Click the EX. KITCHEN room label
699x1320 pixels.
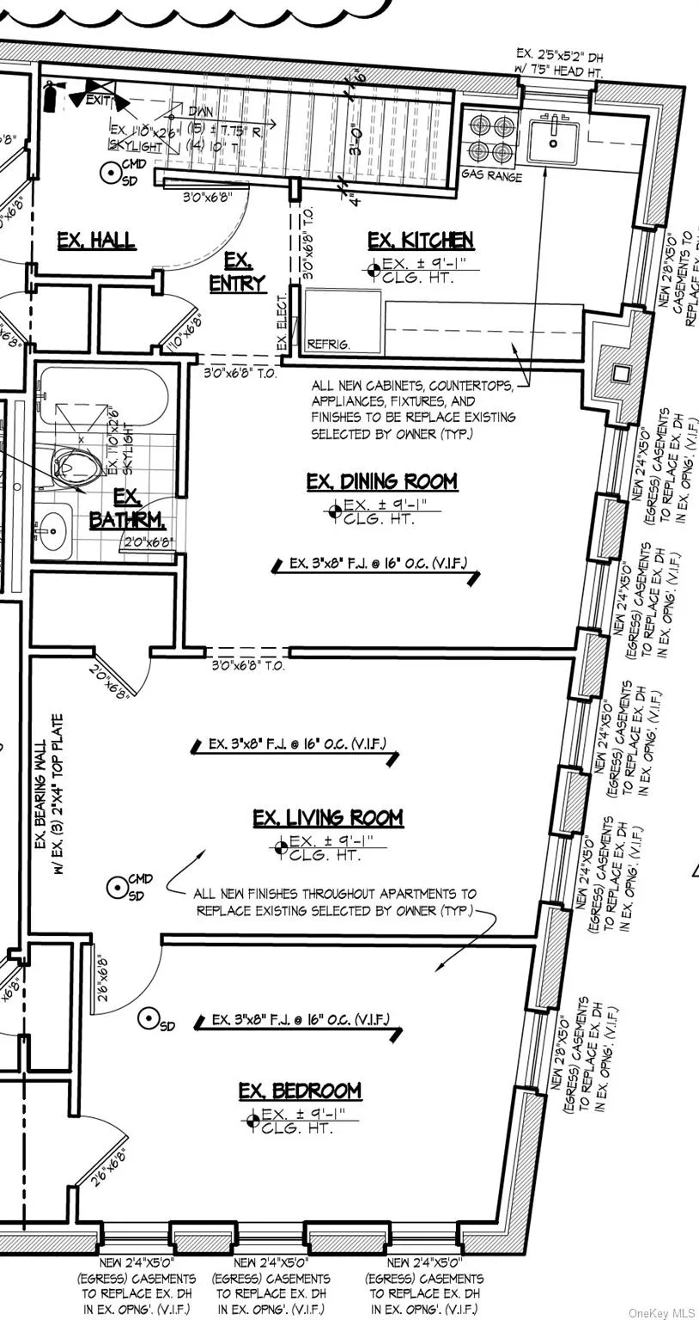click(x=420, y=241)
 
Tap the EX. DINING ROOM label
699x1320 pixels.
click(x=381, y=482)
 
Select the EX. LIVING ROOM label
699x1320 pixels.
click(x=327, y=818)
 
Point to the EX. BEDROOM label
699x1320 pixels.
click(x=300, y=1091)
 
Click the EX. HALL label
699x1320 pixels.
click(x=96, y=241)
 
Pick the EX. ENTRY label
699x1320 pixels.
click(x=237, y=272)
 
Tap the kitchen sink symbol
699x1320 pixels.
click(x=552, y=142)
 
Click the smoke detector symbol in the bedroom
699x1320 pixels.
click(x=149, y=1019)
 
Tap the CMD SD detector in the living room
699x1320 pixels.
click(x=118, y=887)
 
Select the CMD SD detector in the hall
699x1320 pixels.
click(x=111, y=174)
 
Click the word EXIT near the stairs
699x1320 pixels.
click(x=100, y=101)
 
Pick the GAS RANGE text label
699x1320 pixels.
click(x=491, y=176)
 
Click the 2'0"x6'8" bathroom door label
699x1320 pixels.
click(x=149, y=543)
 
